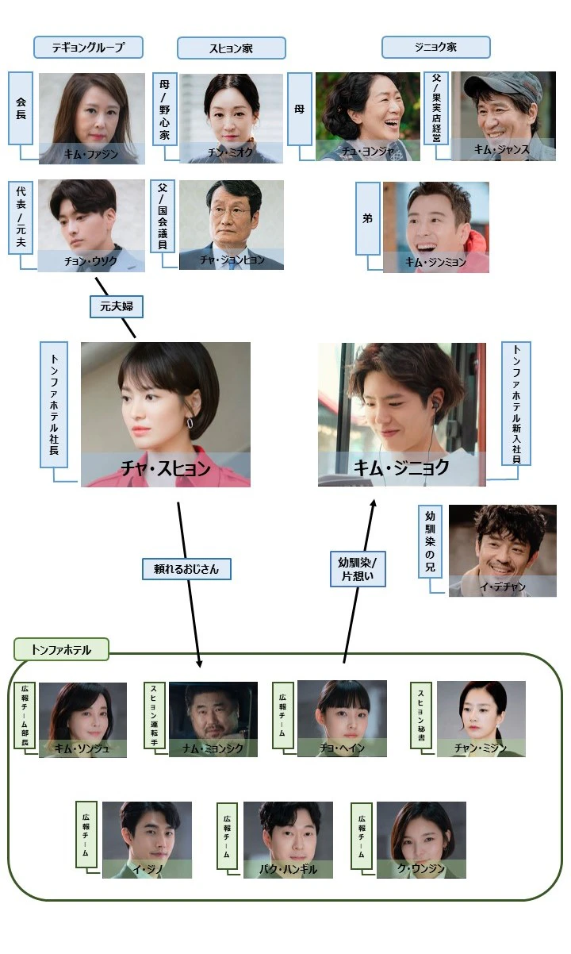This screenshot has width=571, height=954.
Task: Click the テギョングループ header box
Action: (88, 47)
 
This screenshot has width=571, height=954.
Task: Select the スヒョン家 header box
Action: (232, 48)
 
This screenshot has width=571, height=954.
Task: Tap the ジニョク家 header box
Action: (435, 48)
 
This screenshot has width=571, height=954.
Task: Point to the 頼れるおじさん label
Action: (186, 568)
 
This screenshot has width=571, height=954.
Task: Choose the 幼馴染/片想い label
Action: (357, 569)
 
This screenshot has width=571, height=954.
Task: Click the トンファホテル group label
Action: (61, 650)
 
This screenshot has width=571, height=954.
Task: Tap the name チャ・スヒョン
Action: (166, 468)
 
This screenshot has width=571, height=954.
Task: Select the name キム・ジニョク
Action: (404, 467)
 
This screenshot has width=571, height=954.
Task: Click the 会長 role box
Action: (21, 108)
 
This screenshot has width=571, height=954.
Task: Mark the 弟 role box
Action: (367, 218)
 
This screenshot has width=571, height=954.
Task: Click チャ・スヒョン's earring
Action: (190, 423)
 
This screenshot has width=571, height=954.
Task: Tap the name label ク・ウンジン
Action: (422, 869)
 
